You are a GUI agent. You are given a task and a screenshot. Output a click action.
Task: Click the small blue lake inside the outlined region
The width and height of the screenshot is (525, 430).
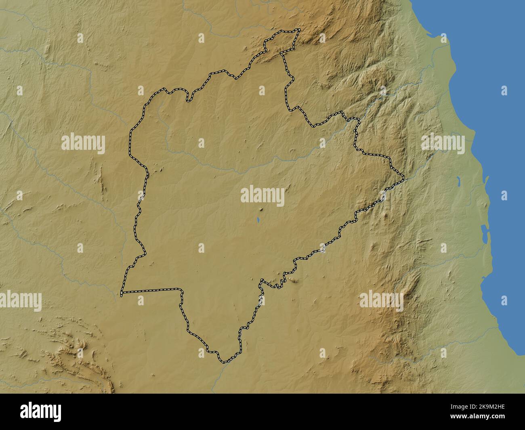[x=258, y=221]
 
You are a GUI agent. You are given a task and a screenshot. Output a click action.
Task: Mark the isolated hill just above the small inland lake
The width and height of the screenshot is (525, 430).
[x=261, y=209]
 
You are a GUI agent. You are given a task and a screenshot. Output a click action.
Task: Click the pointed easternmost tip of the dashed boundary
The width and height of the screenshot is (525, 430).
[x=403, y=176]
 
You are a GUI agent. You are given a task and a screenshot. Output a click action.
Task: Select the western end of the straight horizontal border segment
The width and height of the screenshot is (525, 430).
[x=122, y=292]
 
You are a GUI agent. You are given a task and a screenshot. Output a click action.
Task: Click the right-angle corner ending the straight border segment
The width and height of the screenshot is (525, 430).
[x=181, y=289]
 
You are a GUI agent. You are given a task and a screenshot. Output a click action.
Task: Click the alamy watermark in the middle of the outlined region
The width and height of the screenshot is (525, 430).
[x=262, y=196]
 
